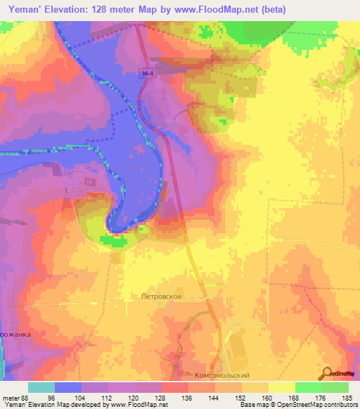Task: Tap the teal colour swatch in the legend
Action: click(x=41, y=387)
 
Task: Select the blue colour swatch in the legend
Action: click(x=68, y=387)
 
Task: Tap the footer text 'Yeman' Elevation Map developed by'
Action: click(x=53, y=405)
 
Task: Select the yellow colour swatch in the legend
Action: click(x=281, y=387)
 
